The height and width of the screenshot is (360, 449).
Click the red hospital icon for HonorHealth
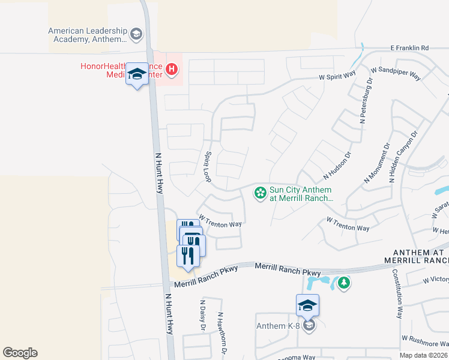coord(172,70)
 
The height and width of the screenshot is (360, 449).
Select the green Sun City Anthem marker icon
coord(261,193)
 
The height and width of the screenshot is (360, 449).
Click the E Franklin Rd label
coord(410,47)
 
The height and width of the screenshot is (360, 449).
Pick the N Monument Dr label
coord(378,163)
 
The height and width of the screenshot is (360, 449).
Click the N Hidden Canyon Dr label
coord(403,157)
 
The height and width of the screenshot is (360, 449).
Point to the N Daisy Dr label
coord(202,315)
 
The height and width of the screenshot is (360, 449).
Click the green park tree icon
coord(343,281)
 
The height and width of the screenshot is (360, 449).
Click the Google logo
coord(20,353)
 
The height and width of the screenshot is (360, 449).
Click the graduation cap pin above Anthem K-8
coord(307,305)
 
